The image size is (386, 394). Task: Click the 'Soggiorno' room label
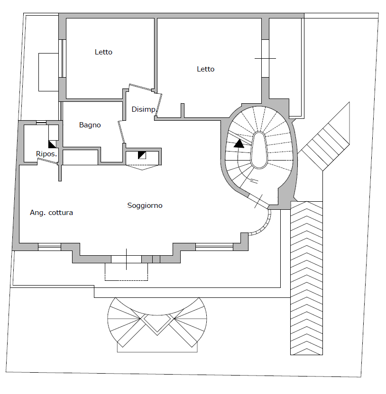click(x=145, y=206)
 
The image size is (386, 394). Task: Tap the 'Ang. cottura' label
click(x=51, y=213)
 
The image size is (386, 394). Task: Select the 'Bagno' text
click(x=90, y=125)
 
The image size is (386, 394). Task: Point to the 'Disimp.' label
click(x=144, y=109)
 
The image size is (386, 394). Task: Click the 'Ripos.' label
click(x=46, y=154)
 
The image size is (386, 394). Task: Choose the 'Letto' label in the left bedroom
click(x=103, y=52)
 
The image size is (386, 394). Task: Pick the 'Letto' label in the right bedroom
click(x=205, y=69)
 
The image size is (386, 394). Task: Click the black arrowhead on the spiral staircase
click(x=239, y=143)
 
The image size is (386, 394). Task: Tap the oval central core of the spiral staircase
click(x=259, y=149)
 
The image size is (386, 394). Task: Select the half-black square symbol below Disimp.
click(x=142, y=154)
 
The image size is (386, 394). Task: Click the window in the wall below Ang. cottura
click(x=49, y=247)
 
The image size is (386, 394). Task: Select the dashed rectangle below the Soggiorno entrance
click(x=126, y=271)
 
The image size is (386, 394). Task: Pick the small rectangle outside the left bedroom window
click(x=47, y=72)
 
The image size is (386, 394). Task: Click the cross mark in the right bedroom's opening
click(x=265, y=58)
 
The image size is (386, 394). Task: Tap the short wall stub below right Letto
click(x=183, y=110)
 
